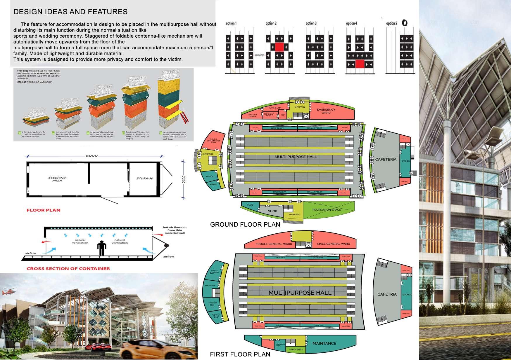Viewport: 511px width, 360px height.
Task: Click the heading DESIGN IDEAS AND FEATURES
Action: pyautogui.click(x=70, y=12)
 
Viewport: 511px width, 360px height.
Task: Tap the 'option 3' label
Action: pyautogui.click(x=311, y=23)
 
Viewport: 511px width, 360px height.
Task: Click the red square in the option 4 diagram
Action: pyautogui.click(x=360, y=64)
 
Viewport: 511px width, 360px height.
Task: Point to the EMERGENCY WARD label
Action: pyautogui.click(x=326, y=111)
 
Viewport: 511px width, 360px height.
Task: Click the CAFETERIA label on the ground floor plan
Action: pyautogui.click(x=386, y=160)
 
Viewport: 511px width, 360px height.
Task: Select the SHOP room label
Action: pyautogui.click(x=272, y=211)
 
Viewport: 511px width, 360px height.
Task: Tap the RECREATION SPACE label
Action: pyautogui.click(x=327, y=210)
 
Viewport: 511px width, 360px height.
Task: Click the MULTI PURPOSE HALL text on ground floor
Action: pyautogui.click(x=296, y=157)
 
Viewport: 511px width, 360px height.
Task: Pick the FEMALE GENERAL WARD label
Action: pyautogui.click(x=274, y=244)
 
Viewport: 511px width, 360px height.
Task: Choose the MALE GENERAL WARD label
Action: pyautogui.click(x=333, y=244)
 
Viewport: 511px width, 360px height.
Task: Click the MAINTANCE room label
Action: pyautogui.click(x=324, y=343)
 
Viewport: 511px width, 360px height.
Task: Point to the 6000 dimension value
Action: pyautogui.click(x=92, y=156)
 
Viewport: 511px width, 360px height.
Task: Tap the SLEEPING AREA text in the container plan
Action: pyautogui.click(x=57, y=179)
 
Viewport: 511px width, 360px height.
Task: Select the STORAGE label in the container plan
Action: pyautogui.click(x=144, y=178)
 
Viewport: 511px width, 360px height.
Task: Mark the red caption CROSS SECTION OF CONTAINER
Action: pyautogui.click(x=68, y=268)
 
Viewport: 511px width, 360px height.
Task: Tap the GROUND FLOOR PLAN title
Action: pyautogui.click(x=245, y=225)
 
